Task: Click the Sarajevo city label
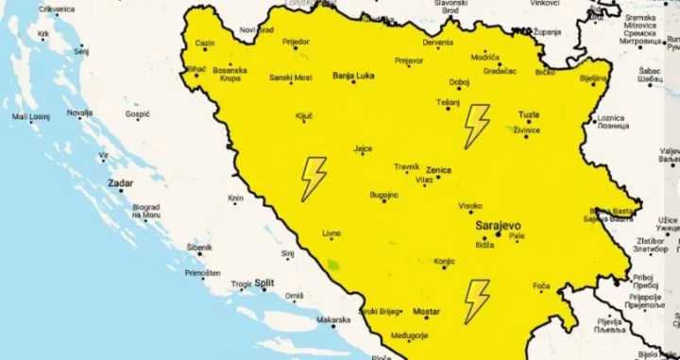(497, 227)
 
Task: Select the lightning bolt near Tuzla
(477, 126)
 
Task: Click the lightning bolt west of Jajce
(313, 179)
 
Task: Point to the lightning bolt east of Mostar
(477, 300)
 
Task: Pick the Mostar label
(428, 311)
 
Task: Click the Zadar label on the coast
(120, 184)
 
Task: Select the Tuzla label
(529, 115)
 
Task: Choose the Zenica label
(439, 170)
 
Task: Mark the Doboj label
(459, 81)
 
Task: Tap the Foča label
(541, 285)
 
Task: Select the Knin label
(235, 198)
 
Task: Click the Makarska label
(332, 319)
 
